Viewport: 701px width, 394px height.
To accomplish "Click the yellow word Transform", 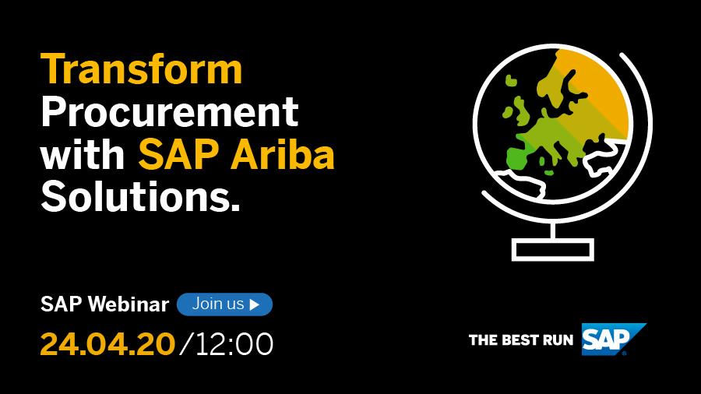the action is coord(141,69).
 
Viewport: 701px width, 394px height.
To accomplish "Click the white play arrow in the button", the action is coord(255,304).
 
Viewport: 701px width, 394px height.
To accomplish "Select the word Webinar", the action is coord(129,304).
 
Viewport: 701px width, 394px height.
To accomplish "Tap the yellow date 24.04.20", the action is coord(107,343).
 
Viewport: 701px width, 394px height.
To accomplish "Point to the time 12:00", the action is coord(234,344).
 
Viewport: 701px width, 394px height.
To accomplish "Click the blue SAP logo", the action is coord(613,339).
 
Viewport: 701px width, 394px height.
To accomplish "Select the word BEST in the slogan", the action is coord(519,340).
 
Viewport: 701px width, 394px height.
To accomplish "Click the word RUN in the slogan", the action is coord(558,340).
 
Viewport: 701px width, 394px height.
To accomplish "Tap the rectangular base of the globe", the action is coord(553,250).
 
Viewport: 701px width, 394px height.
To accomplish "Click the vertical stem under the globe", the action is coord(554,230).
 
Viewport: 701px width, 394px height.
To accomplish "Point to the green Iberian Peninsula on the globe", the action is coord(518,158).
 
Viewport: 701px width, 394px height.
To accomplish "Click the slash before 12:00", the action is coord(186,344).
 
